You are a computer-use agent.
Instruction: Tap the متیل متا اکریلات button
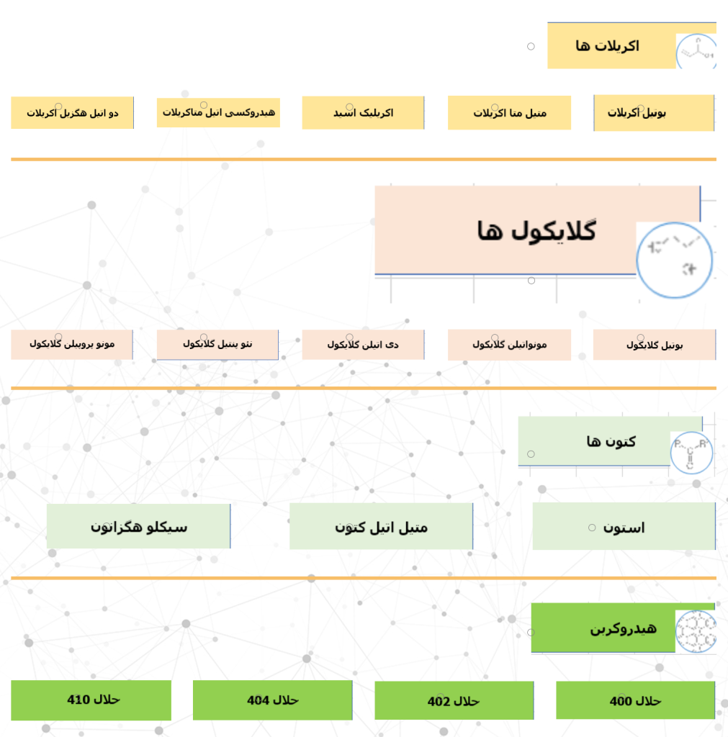tap(509, 113)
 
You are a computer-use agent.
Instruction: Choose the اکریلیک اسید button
tap(363, 113)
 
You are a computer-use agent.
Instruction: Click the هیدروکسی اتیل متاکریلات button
tap(218, 113)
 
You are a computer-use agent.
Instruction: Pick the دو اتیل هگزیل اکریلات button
tap(72, 113)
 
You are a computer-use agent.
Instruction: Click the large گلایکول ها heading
tap(536, 230)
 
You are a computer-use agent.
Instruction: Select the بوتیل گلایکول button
tap(654, 345)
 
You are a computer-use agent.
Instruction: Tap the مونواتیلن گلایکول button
tap(509, 345)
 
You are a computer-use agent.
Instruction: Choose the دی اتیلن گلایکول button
tap(363, 345)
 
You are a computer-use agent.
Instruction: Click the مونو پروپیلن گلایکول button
tap(72, 344)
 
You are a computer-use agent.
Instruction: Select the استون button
tap(624, 527)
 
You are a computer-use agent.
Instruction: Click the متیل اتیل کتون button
tap(381, 527)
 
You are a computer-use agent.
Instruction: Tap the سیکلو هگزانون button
tap(138, 526)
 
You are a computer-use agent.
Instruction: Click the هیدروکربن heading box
tap(622, 628)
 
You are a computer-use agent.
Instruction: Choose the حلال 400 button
tap(635, 700)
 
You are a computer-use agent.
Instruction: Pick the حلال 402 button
tap(454, 701)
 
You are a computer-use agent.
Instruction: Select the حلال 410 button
tap(91, 700)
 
